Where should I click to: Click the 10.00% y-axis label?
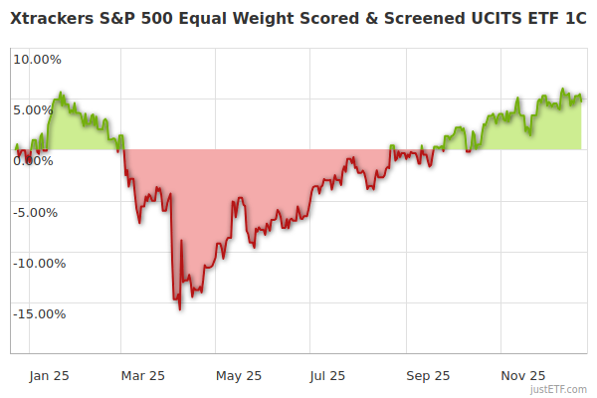[x=37, y=59]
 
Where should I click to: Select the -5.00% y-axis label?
[x=38, y=212]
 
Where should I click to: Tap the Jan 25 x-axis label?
[x=49, y=375]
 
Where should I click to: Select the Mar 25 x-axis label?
[x=142, y=375]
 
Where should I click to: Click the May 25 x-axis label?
[x=238, y=375]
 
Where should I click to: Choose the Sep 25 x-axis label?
[x=428, y=375]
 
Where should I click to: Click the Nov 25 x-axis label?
[x=522, y=375]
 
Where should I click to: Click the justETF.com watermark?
[x=556, y=389]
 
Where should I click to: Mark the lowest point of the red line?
[x=180, y=309]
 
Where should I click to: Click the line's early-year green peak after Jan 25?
[x=61, y=93]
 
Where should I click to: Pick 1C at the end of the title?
[x=573, y=19]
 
